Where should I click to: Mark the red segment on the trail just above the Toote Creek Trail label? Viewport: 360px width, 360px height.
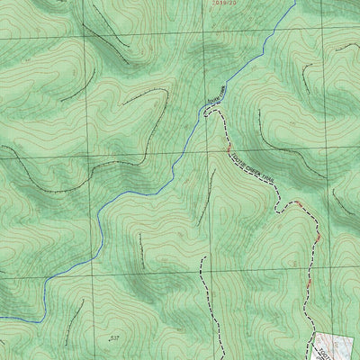click(x=229, y=144)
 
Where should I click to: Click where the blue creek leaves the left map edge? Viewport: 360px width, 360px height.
click(x=2, y=318)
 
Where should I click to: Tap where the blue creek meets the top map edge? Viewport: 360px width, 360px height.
click(x=294, y=2)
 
